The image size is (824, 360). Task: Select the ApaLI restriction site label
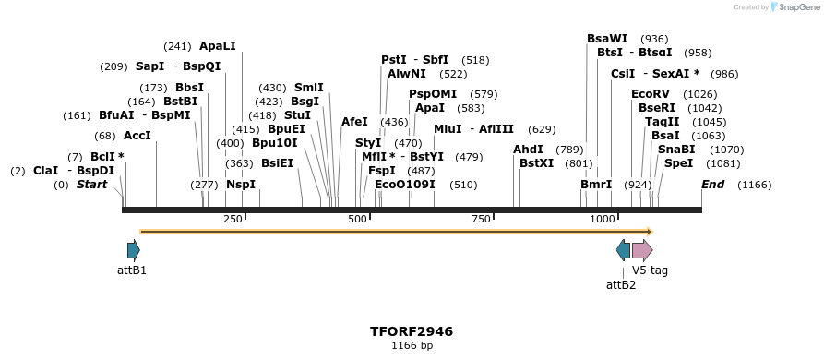coord(218,45)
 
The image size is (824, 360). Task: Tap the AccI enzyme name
coord(137,136)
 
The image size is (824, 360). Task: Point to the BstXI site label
coord(537,163)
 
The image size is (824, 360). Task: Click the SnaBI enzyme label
coord(676,150)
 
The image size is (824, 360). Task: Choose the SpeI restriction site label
coord(678,163)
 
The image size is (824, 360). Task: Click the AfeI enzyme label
coord(354,122)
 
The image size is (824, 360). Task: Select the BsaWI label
coord(607,39)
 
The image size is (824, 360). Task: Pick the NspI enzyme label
coord(241,185)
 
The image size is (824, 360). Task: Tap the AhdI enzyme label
coord(528,150)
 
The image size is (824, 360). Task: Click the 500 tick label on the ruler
coord(357,219)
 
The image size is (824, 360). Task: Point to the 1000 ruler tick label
coord(603,219)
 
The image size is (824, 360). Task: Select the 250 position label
coord(233,219)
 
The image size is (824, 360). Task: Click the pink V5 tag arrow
coord(642,249)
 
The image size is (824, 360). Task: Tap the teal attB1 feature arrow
coord(134,249)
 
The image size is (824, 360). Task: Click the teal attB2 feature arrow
coord(624,249)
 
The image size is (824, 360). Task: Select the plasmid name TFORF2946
coord(412,331)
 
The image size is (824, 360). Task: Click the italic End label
coord(712,185)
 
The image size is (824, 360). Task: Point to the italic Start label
coord(91,185)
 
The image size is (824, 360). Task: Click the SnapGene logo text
coord(792,7)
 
